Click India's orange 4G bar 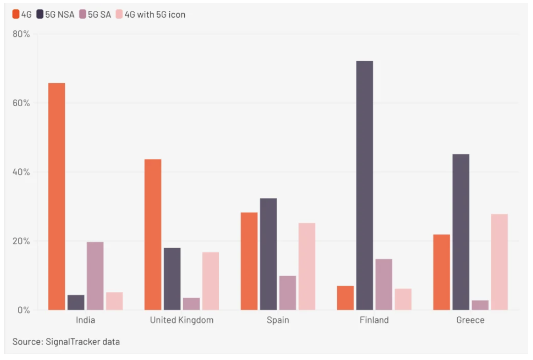coord(57,196)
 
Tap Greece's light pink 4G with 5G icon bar coord(499,262)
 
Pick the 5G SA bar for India coord(95,276)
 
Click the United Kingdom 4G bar coord(153,234)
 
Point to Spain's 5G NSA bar coord(268,254)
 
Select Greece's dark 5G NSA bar coord(461,232)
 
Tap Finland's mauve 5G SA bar coord(384,284)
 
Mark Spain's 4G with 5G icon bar coord(307,266)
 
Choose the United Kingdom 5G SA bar coord(191,304)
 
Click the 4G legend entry coord(22,14)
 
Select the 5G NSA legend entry coord(55,14)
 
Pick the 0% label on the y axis coord(24,310)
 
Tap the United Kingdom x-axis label coord(181,320)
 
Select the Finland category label coord(374,320)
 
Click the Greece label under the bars coord(470,320)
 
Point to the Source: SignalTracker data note coord(66,342)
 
